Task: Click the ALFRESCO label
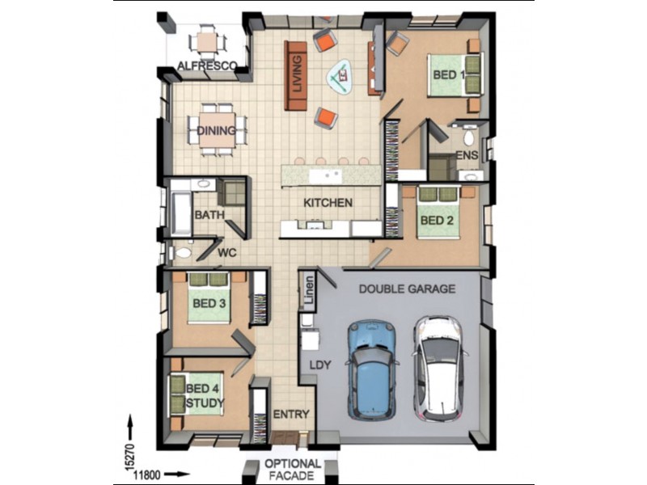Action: [x=206, y=65]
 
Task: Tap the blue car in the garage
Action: [x=372, y=368]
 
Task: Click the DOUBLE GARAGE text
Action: [x=407, y=289]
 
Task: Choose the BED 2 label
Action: [x=438, y=220]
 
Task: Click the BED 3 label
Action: [x=208, y=303]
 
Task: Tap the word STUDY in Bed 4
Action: [x=205, y=403]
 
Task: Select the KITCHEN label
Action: [x=328, y=203]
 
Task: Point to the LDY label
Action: [x=320, y=365]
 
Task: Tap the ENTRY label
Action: [x=291, y=415]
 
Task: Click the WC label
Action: [x=227, y=253]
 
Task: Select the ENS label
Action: [x=467, y=155]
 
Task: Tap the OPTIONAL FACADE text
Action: [x=292, y=470]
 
